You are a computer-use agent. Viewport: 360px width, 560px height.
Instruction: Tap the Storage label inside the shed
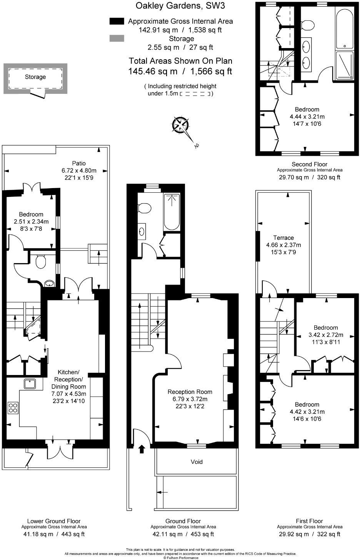click(x=35, y=77)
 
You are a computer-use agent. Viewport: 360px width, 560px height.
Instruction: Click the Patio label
click(x=79, y=163)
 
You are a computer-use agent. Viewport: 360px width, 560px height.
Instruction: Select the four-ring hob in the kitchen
click(x=13, y=408)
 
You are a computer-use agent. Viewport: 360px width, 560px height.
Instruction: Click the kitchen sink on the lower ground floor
click(x=30, y=384)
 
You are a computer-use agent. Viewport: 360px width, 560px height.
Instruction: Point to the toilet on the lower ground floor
click(x=40, y=261)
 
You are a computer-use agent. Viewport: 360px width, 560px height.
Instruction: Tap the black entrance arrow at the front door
click(x=142, y=449)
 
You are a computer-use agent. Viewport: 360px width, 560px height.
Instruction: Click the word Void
click(x=197, y=462)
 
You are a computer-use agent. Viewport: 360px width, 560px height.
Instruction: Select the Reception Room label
click(x=190, y=392)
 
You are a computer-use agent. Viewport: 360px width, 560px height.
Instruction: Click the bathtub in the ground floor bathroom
click(x=172, y=212)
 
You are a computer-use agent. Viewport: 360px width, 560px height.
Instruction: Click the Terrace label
click(x=283, y=238)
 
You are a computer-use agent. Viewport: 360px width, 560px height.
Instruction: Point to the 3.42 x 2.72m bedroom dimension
click(x=326, y=335)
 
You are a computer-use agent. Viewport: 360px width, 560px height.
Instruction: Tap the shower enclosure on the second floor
click(x=345, y=66)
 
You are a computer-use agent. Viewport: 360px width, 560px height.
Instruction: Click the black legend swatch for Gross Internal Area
click(x=117, y=21)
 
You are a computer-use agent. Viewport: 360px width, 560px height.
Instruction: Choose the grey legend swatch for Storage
click(x=117, y=38)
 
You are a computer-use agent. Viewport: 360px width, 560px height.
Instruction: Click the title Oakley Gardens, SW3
click(x=180, y=5)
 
